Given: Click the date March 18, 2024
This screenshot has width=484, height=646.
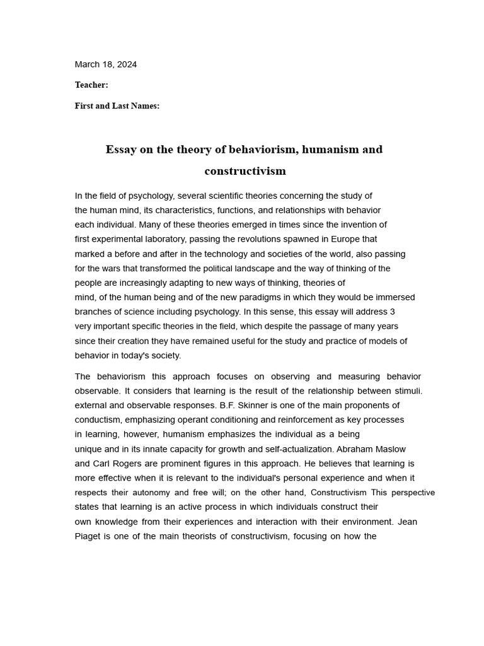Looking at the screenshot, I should click(105, 64).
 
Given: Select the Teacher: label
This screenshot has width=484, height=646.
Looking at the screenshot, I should click(91, 85).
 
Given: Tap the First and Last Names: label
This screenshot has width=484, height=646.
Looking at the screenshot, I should click(117, 106).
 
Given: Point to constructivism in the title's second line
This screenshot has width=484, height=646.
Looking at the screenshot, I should click(245, 171).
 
